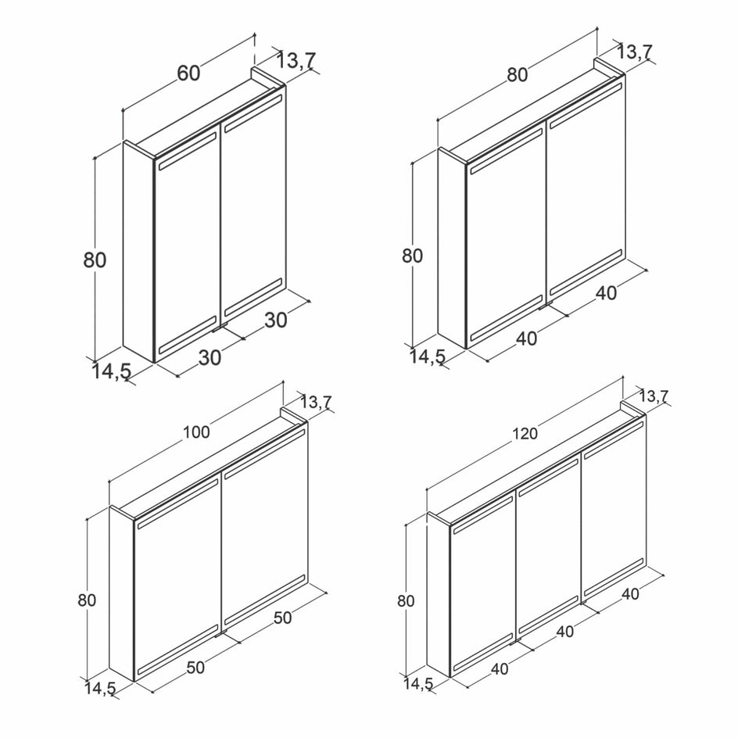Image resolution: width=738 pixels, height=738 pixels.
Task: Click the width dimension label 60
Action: click(x=188, y=73)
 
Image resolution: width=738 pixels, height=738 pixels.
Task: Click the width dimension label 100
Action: click(x=196, y=432)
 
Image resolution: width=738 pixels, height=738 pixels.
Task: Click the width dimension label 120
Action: click(x=525, y=433)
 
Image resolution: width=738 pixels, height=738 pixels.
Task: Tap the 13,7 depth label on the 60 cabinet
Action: click(x=296, y=60)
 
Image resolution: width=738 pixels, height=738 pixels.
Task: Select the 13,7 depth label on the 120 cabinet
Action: click(x=653, y=397)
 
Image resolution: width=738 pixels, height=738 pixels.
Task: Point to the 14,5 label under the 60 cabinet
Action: click(x=111, y=371)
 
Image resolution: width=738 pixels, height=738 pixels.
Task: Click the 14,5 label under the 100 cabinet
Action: click(x=100, y=689)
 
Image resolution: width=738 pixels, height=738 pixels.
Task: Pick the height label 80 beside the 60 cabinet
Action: click(x=95, y=260)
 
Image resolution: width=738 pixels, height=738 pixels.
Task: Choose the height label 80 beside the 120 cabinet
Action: click(x=406, y=601)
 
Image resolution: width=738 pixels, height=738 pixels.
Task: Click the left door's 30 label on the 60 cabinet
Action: click(x=210, y=358)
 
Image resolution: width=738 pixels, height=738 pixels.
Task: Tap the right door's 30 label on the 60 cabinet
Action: click(x=276, y=320)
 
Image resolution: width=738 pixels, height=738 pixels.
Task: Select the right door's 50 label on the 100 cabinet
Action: click(x=282, y=618)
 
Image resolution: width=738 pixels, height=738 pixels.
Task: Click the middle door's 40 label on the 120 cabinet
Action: click(x=564, y=631)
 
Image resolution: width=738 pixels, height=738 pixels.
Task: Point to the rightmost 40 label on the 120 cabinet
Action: click(x=630, y=594)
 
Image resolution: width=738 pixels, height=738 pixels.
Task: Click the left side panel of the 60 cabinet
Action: click(x=139, y=252)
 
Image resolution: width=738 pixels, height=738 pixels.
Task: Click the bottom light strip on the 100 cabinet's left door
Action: click(x=178, y=650)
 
